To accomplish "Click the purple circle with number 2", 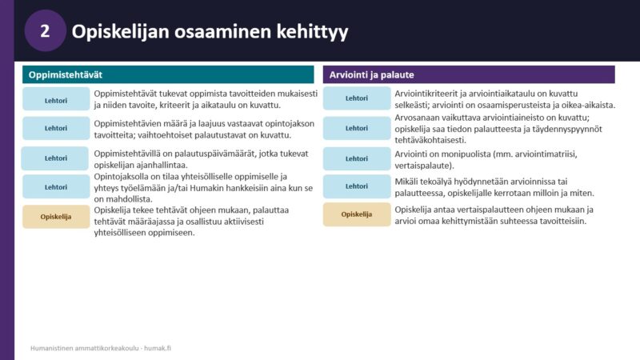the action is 45,30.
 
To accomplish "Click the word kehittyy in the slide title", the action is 312,32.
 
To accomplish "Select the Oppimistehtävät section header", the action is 168,74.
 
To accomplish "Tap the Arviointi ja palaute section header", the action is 469,74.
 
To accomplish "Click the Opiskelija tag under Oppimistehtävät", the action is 56,217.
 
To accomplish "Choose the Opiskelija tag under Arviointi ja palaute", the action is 357,214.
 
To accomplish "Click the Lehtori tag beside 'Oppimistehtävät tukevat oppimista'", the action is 56,98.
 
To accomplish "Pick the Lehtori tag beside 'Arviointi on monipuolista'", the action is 357,158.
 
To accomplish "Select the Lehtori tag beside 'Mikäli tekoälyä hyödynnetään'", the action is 357,186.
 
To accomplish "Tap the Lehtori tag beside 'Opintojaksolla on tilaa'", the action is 56,187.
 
